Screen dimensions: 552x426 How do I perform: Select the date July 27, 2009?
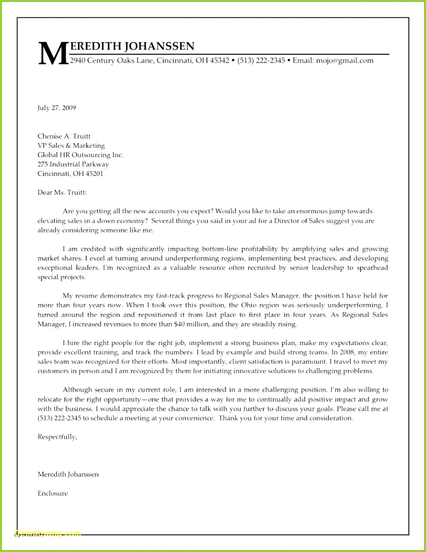click(56, 108)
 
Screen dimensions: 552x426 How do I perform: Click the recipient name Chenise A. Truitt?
click(64, 136)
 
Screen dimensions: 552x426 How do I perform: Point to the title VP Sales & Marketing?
click(71, 146)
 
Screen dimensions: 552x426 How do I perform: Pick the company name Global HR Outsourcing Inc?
click(80, 155)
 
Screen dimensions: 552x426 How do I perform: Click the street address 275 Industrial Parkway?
click(73, 165)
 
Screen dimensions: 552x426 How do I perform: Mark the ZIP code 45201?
click(94, 174)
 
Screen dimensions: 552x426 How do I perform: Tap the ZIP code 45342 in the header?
click(219, 60)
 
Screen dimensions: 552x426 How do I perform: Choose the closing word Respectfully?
click(57, 437)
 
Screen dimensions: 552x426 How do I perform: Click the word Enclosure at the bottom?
click(53, 493)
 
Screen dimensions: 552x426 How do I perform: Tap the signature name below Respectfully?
click(68, 474)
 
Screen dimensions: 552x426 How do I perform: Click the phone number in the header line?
click(261, 60)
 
